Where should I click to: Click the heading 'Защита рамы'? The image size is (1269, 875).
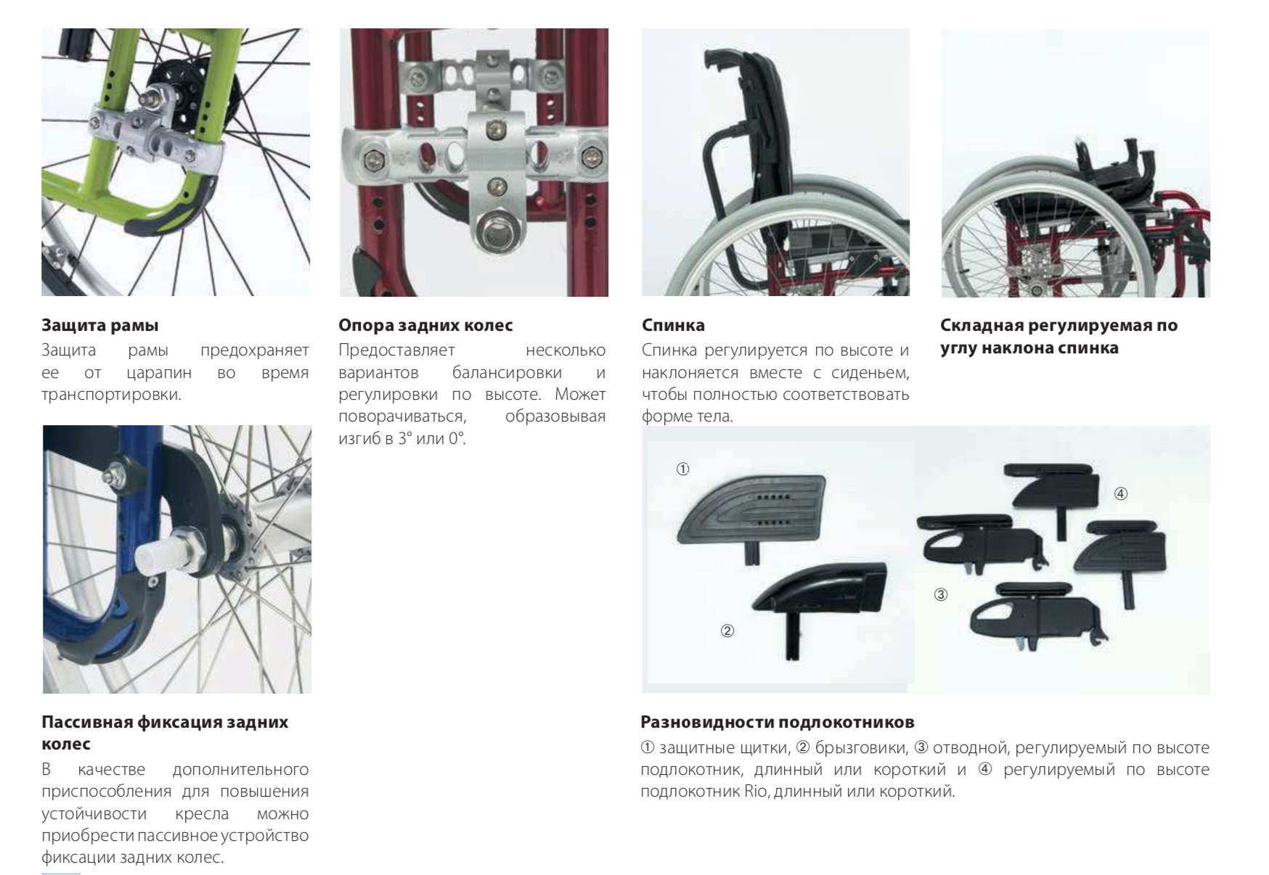click(99, 325)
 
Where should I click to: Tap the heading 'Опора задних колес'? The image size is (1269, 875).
click(425, 325)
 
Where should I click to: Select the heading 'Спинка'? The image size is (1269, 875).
click(673, 325)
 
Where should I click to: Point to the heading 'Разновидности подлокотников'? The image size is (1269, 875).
click(777, 722)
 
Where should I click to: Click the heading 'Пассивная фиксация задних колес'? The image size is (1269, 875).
click(165, 733)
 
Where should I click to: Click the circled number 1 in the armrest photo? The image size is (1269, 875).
click(682, 469)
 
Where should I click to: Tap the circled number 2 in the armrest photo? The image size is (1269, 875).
click(727, 630)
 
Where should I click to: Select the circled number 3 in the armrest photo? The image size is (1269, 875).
click(940, 595)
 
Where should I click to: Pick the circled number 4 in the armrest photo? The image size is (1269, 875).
click(1120, 494)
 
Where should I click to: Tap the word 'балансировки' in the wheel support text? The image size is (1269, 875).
click(507, 372)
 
